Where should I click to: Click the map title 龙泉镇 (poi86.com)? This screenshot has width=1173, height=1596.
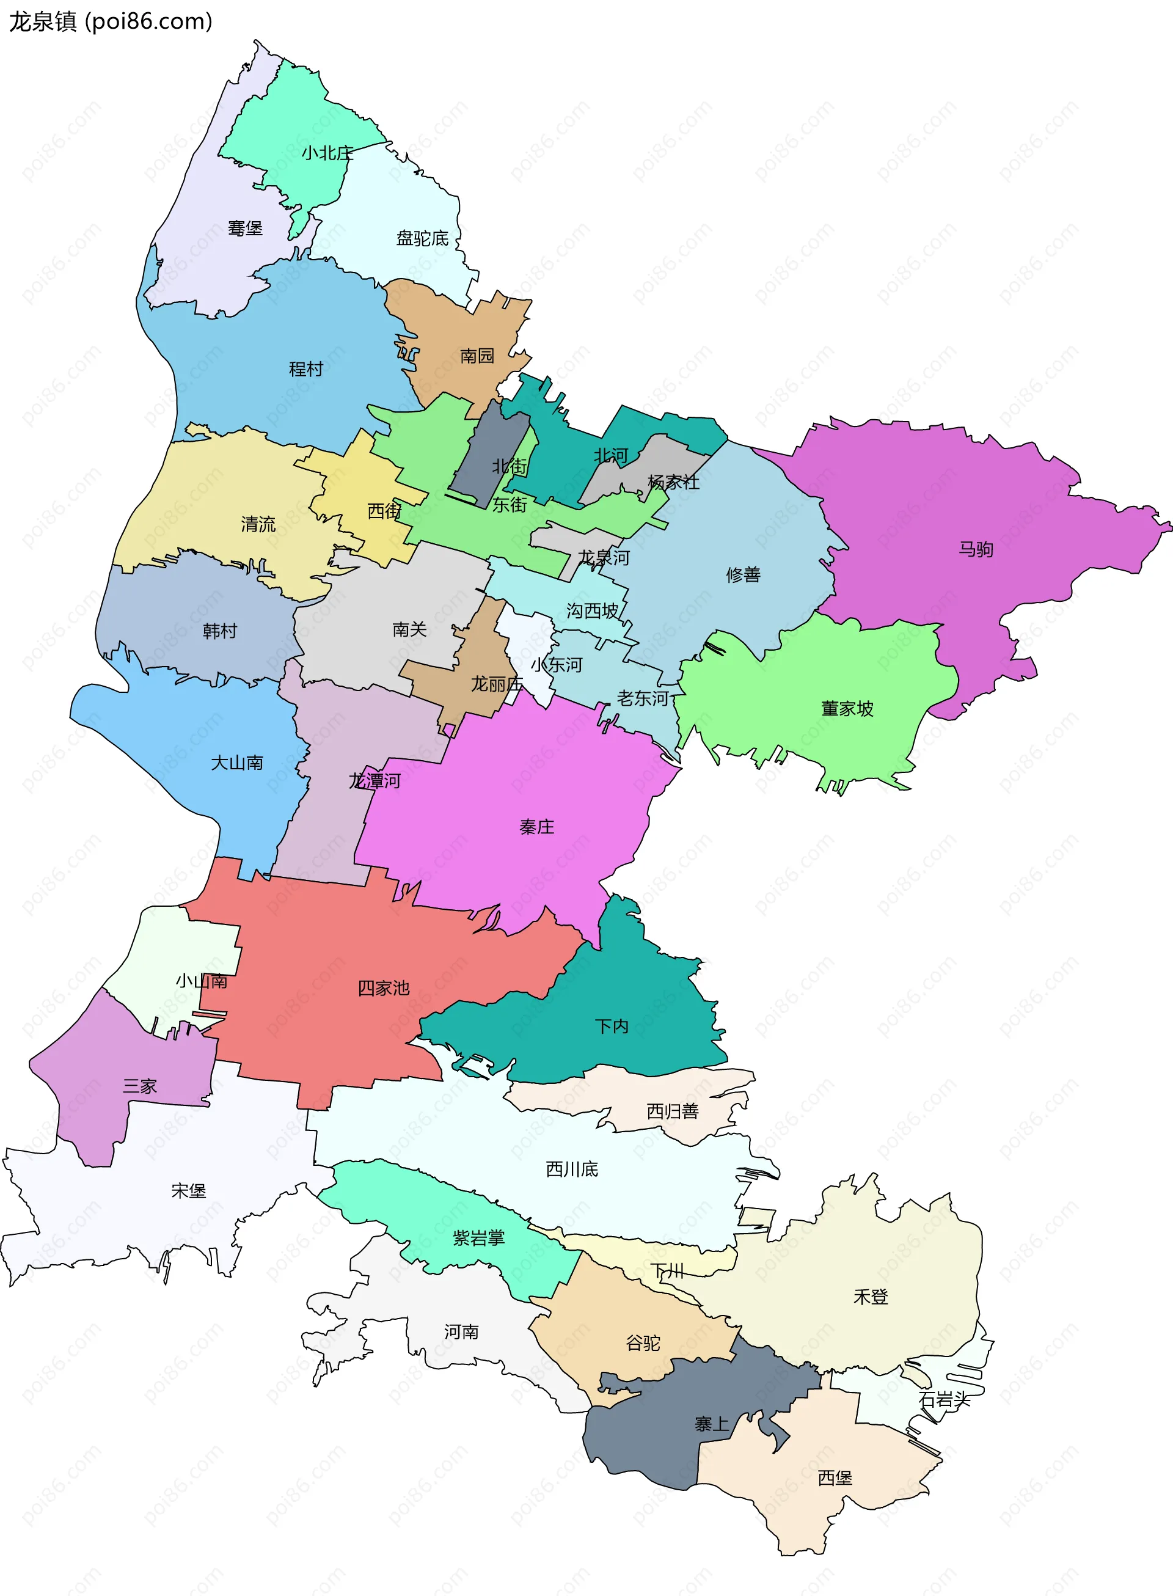click(111, 22)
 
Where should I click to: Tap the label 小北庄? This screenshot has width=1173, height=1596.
click(327, 153)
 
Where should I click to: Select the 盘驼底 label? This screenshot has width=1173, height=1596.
click(423, 238)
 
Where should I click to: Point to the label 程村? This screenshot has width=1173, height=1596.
click(306, 369)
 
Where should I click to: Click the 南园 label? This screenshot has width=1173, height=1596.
click(477, 356)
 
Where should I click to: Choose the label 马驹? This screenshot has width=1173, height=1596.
click(976, 549)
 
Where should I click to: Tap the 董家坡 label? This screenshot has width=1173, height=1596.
click(847, 709)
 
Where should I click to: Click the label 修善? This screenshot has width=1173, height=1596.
click(744, 574)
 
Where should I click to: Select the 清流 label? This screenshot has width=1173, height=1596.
click(258, 524)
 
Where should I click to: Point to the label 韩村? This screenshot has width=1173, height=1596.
click(220, 631)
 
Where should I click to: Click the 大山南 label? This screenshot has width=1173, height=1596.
click(237, 763)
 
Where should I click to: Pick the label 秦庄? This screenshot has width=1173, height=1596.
click(537, 826)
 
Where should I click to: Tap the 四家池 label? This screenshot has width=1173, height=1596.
click(384, 987)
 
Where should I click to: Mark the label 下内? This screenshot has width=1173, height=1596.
click(612, 1026)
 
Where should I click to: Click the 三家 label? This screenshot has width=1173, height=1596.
click(140, 1086)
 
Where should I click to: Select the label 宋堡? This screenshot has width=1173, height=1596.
click(189, 1191)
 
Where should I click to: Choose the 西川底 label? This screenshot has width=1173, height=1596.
click(572, 1169)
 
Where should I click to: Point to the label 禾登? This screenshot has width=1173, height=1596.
click(871, 1297)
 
